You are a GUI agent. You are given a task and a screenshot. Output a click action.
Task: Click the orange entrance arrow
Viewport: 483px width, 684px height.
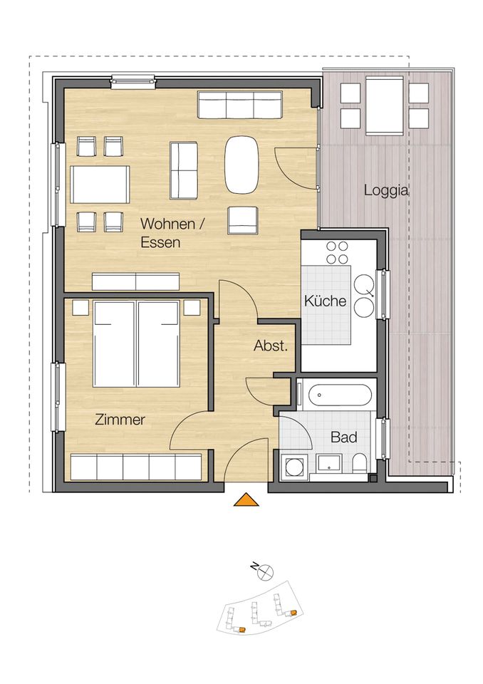(246, 500)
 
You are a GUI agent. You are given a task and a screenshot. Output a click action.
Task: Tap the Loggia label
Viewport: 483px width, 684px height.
(385, 190)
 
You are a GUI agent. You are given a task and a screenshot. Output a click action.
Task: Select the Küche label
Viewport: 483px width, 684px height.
(325, 301)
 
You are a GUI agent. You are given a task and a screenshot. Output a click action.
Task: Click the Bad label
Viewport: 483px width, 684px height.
(343, 437)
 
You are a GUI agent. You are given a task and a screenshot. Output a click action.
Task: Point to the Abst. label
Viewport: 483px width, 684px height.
(271, 347)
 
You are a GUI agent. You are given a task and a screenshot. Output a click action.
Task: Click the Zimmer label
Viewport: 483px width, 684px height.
(120, 420)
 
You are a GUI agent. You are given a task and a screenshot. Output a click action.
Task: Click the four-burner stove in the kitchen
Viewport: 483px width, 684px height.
(336, 252)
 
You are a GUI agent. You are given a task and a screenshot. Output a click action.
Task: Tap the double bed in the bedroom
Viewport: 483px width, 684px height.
(136, 343)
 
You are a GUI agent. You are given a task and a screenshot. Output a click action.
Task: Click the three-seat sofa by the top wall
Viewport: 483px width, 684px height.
(240, 105)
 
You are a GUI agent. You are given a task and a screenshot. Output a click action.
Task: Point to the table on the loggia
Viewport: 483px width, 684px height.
(385, 106)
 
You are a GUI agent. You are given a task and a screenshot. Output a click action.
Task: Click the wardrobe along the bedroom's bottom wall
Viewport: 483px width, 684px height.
(136, 467)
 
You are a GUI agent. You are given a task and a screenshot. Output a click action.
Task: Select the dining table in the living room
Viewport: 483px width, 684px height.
(100, 185)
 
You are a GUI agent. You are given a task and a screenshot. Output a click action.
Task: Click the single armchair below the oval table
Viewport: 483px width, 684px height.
(242, 220)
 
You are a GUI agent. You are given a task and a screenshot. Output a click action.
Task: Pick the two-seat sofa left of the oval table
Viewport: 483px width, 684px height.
(184, 171)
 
